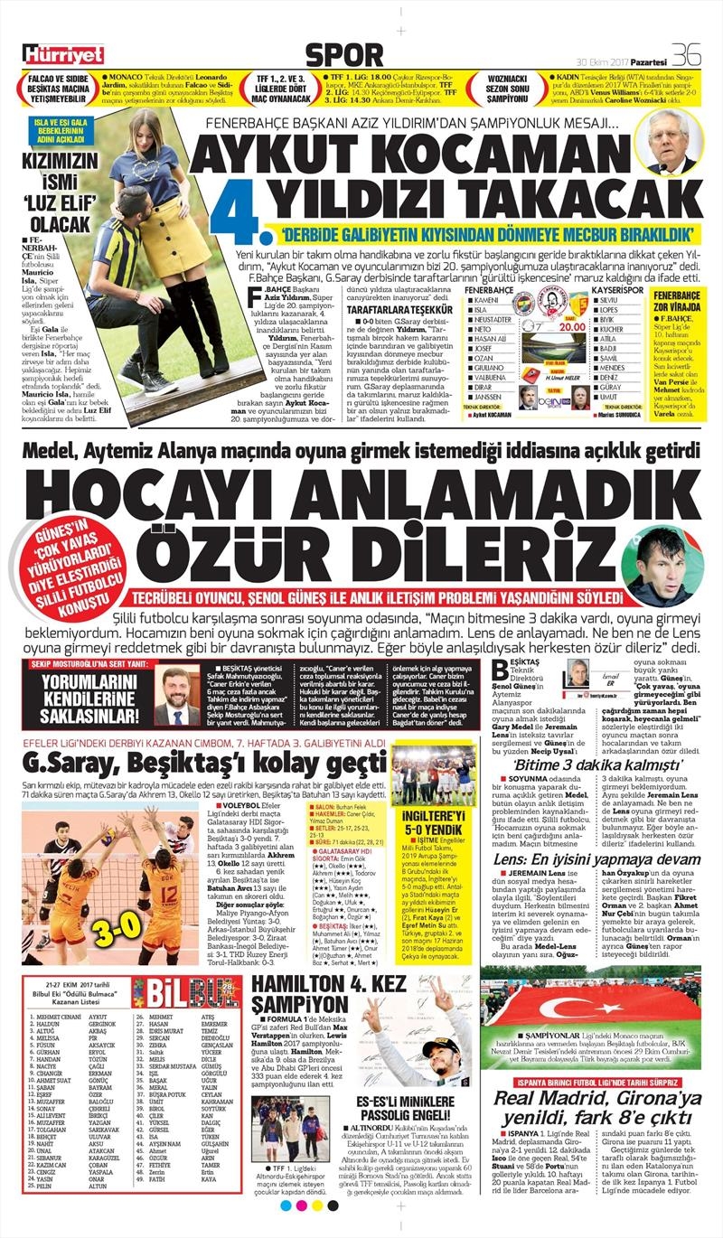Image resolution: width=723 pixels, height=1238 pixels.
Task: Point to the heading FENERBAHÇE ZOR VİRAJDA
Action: click(x=674, y=301)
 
